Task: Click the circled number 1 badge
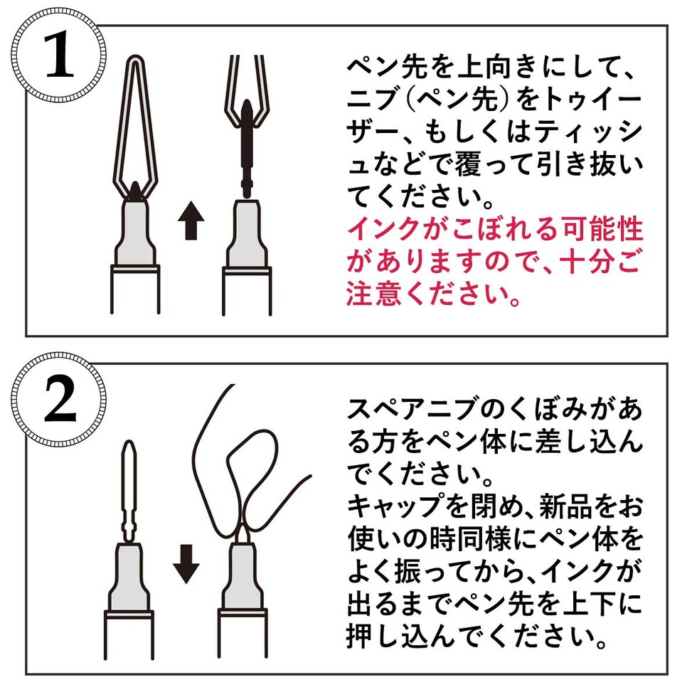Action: point(60,60)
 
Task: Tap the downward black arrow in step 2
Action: point(186,564)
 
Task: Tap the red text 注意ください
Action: point(441,294)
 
